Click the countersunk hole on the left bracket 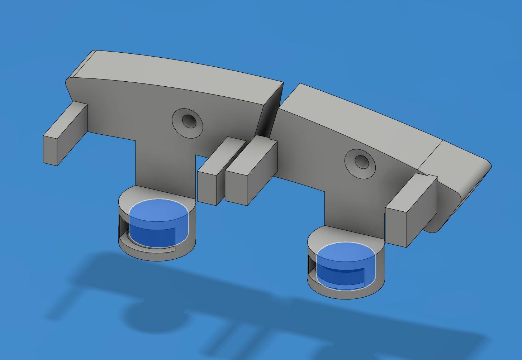[x=189, y=121]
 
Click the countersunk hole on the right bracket [x=361, y=162]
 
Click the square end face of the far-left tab [x=50, y=150]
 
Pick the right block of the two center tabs [x=251, y=172]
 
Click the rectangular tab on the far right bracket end [x=409, y=211]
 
